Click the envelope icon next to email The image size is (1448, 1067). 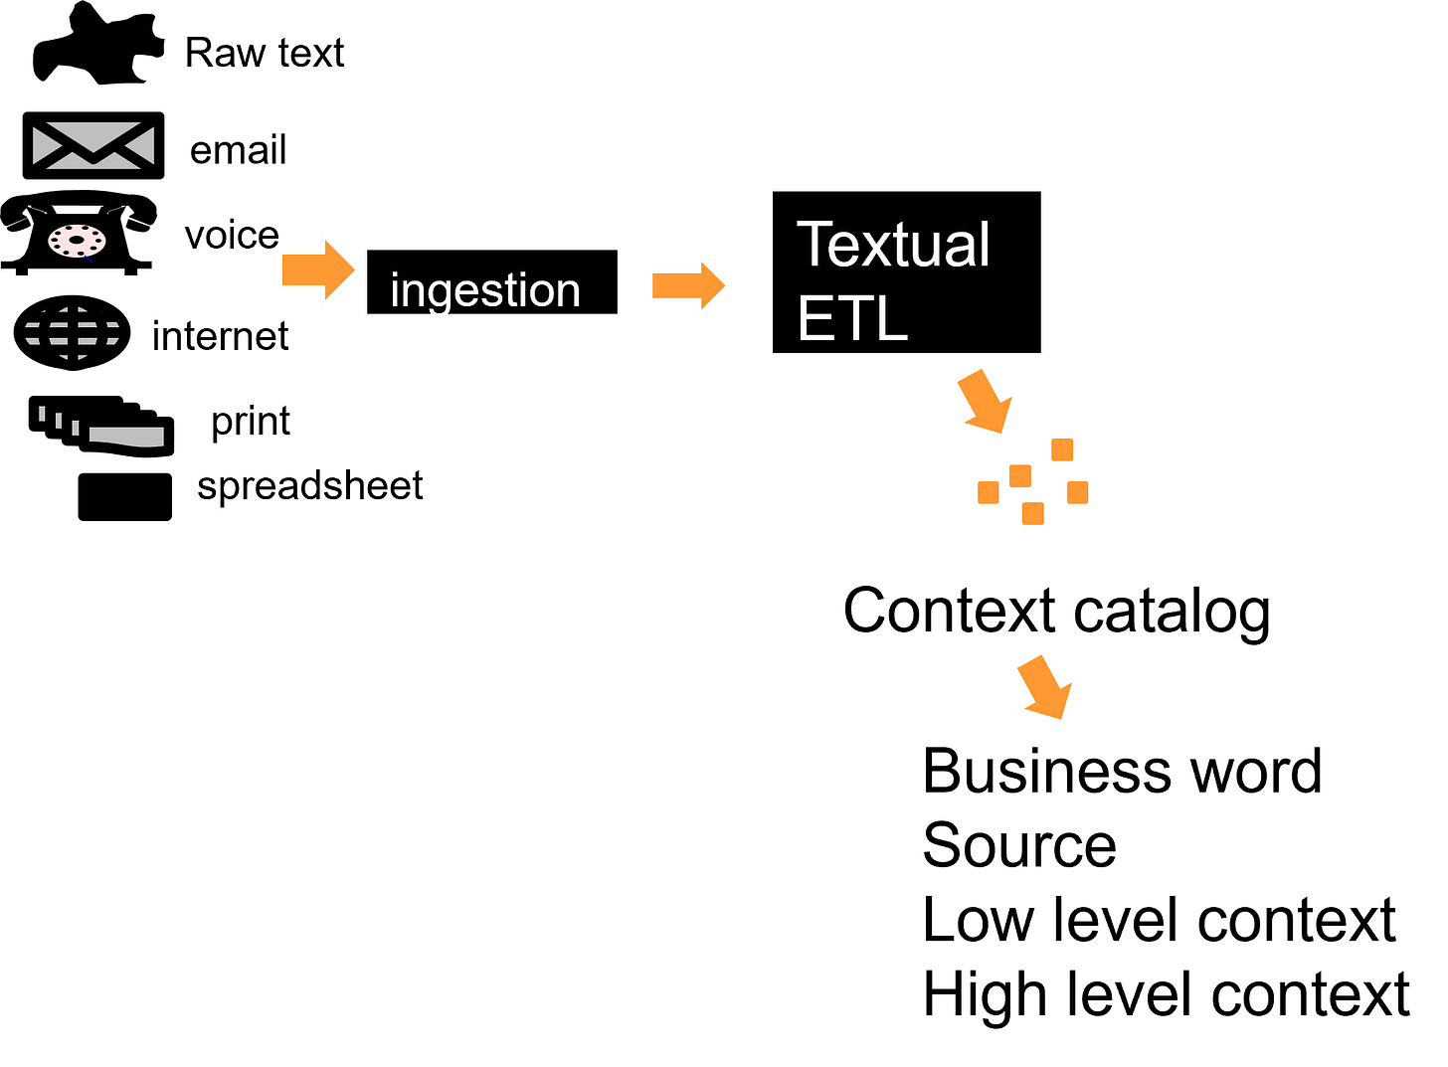point(93,146)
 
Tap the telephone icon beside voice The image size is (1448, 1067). point(79,234)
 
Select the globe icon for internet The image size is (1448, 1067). point(72,333)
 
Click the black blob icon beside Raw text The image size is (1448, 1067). point(97,44)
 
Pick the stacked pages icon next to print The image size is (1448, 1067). point(101,428)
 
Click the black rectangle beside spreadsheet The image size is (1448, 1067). point(125,498)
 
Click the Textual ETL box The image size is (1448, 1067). point(908,272)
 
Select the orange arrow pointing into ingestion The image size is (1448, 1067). point(318,270)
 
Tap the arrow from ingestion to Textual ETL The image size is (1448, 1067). point(689,286)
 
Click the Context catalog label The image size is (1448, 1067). point(1058,612)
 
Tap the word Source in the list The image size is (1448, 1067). point(1020,846)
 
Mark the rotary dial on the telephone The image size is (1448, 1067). point(77,241)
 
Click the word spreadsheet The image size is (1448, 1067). point(311,486)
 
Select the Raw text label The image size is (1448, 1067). point(265,53)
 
